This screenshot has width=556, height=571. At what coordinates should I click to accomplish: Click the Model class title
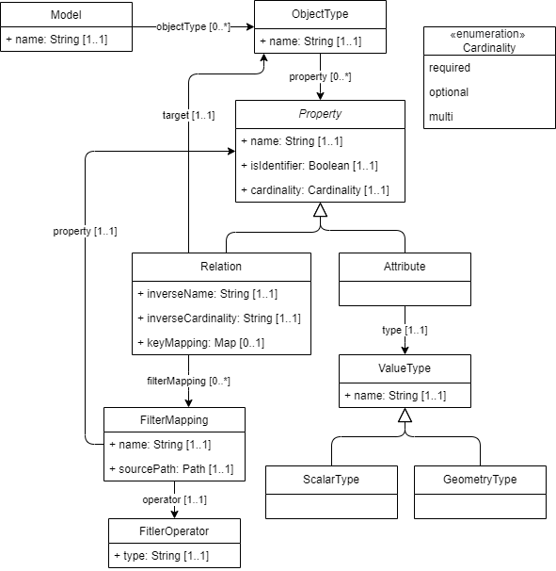click(x=66, y=15)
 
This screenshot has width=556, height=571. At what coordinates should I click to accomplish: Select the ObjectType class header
click(x=320, y=14)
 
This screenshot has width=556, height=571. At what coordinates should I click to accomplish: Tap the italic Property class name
click(x=320, y=114)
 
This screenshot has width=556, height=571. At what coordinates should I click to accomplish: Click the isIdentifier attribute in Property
click(x=310, y=166)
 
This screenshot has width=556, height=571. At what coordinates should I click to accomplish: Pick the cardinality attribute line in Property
click(x=315, y=190)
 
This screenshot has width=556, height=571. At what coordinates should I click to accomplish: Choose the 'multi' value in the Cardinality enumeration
click(x=440, y=117)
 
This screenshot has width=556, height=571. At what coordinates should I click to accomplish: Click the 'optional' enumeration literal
click(x=449, y=92)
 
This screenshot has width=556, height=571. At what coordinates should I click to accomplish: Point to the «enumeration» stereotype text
click(x=487, y=34)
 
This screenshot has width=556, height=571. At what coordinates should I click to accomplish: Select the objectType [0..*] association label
click(x=193, y=26)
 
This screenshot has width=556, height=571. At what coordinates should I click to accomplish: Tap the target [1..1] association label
click(x=188, y=115)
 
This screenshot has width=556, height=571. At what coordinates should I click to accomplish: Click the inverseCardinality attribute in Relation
click(x=219, y=318)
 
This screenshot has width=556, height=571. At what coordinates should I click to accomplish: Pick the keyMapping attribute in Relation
click(x=200, y=343)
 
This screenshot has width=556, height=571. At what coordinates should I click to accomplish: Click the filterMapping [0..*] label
click(x=188, y=381)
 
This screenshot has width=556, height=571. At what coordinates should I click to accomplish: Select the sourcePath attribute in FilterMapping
click(x=171, y=468)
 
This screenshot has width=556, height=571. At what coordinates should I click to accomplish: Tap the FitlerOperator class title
click(x=174, y=531)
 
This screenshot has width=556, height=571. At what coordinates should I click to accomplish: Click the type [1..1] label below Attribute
click(x=405, y=330)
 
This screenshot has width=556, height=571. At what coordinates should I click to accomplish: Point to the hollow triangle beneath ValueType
click(x=405, y=416)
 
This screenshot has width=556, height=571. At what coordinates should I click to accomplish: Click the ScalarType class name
click(x=331, y=480)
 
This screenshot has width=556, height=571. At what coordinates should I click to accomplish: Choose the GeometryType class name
click(x=480, y=480)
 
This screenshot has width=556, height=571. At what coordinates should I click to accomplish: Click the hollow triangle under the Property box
click(x=320, y=210)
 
